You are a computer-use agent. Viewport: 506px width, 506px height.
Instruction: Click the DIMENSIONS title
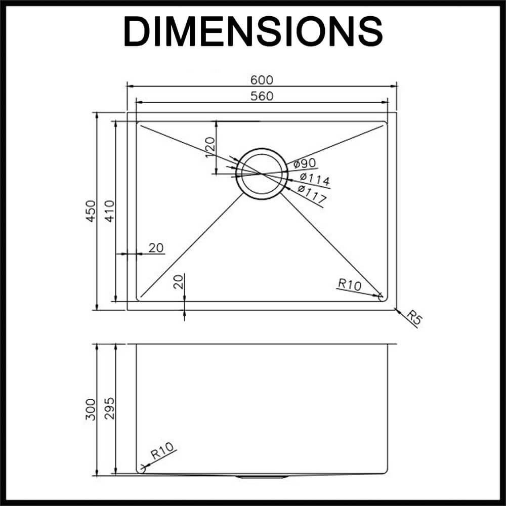(x=252, y=31)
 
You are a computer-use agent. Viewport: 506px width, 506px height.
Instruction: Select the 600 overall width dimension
(x=262, y=80)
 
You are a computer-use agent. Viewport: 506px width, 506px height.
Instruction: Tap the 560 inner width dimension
(x=262, y=96)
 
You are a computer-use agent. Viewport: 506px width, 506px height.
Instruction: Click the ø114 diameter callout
(x=314, y=179)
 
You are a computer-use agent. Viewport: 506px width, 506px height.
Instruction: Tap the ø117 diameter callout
(x=311, y=195)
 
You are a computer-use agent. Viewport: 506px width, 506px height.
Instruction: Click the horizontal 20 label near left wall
(x=156, y=247)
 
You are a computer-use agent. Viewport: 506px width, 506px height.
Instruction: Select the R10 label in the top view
(x=350, y=285)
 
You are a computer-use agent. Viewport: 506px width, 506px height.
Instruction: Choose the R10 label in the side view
(x=162, y=450)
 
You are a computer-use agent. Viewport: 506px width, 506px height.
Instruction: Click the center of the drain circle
(x=261, y=174)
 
